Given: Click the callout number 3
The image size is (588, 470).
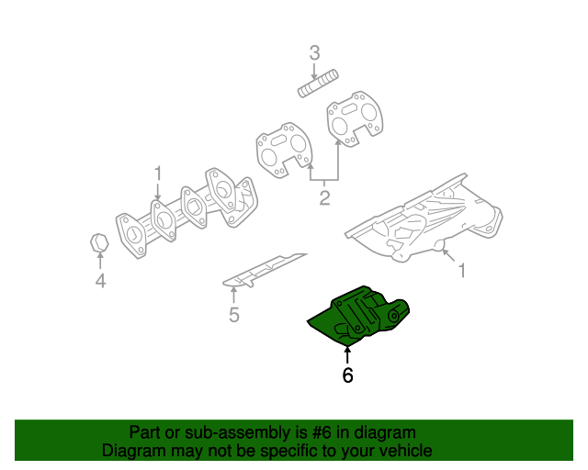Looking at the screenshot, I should [314, 53].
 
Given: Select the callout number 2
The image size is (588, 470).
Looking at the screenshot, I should [324, 197].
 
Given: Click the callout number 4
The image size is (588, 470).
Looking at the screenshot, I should [100, 282].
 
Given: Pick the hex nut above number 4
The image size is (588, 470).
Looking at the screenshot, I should [99, 242].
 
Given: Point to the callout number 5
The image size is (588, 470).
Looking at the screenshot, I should [234, 316].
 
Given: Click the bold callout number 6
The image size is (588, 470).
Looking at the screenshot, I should [347, 375].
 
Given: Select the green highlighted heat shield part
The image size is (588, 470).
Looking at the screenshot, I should [363, 318].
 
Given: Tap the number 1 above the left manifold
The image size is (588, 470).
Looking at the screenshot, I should [158, 173].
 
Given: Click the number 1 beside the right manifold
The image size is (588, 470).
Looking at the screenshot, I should [462, 271].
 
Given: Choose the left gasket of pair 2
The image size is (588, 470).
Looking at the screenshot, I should [280, 150].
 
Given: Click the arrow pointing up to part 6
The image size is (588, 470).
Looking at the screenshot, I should [347, 353].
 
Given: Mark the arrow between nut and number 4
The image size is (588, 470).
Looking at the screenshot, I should [100, 263].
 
